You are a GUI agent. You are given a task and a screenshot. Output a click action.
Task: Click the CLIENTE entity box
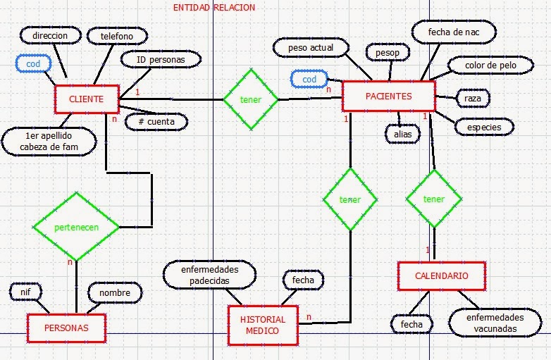coord(86,99)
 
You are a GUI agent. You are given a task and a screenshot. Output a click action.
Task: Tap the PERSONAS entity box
coord(66,328)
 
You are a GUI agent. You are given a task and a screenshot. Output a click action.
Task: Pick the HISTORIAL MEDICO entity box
coord(264,325)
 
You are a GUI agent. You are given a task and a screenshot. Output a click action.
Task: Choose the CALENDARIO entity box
coord(441,276)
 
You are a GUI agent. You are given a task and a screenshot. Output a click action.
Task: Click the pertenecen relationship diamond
coord(76,227)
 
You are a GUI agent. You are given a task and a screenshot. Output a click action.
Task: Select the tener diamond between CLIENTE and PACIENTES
coord(251,99)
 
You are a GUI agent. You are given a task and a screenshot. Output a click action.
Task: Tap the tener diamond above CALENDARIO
coord(434,199)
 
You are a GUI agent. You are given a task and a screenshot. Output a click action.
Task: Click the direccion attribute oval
coord(49,35)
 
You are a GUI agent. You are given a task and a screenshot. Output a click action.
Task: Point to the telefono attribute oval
coord(117,35)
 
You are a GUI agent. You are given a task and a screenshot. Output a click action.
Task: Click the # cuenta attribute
coord(156,121)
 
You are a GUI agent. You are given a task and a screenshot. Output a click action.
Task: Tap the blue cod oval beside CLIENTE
coord(33,63)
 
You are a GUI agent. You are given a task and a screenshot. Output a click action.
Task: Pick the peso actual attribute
coord(311,48)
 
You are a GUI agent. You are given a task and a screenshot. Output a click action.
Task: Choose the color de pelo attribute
coord(490,66)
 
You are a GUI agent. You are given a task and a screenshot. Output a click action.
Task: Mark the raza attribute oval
coord(473,99)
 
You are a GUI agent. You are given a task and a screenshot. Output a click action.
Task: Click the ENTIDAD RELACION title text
coord(214,8)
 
